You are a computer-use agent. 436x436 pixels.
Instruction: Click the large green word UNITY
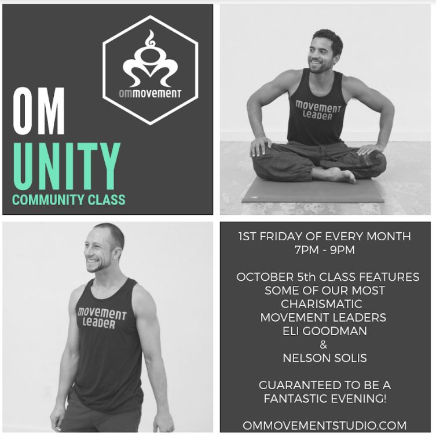pos(67,166)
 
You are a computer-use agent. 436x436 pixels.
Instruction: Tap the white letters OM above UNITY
pos(39,112)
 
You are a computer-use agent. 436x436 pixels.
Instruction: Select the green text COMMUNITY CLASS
pos(69,200)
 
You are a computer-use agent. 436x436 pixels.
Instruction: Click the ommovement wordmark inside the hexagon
pos(150,93)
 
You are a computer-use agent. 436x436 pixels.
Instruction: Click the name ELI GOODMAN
pos(325,331)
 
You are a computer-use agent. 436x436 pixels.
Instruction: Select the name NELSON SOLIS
pos(325,358)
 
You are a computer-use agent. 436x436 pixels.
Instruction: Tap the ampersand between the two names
pos(324,345)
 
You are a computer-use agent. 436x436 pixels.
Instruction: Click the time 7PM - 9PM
pos(325,250)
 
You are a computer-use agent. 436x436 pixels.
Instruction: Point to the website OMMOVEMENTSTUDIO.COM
pos(324,426)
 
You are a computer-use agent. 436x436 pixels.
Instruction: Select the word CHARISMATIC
pos(322,303)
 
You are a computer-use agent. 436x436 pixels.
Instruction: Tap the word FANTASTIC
pos(299,398)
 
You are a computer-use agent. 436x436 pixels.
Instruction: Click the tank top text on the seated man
pos(318,111)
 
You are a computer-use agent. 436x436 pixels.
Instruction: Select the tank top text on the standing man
pos(102,318)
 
